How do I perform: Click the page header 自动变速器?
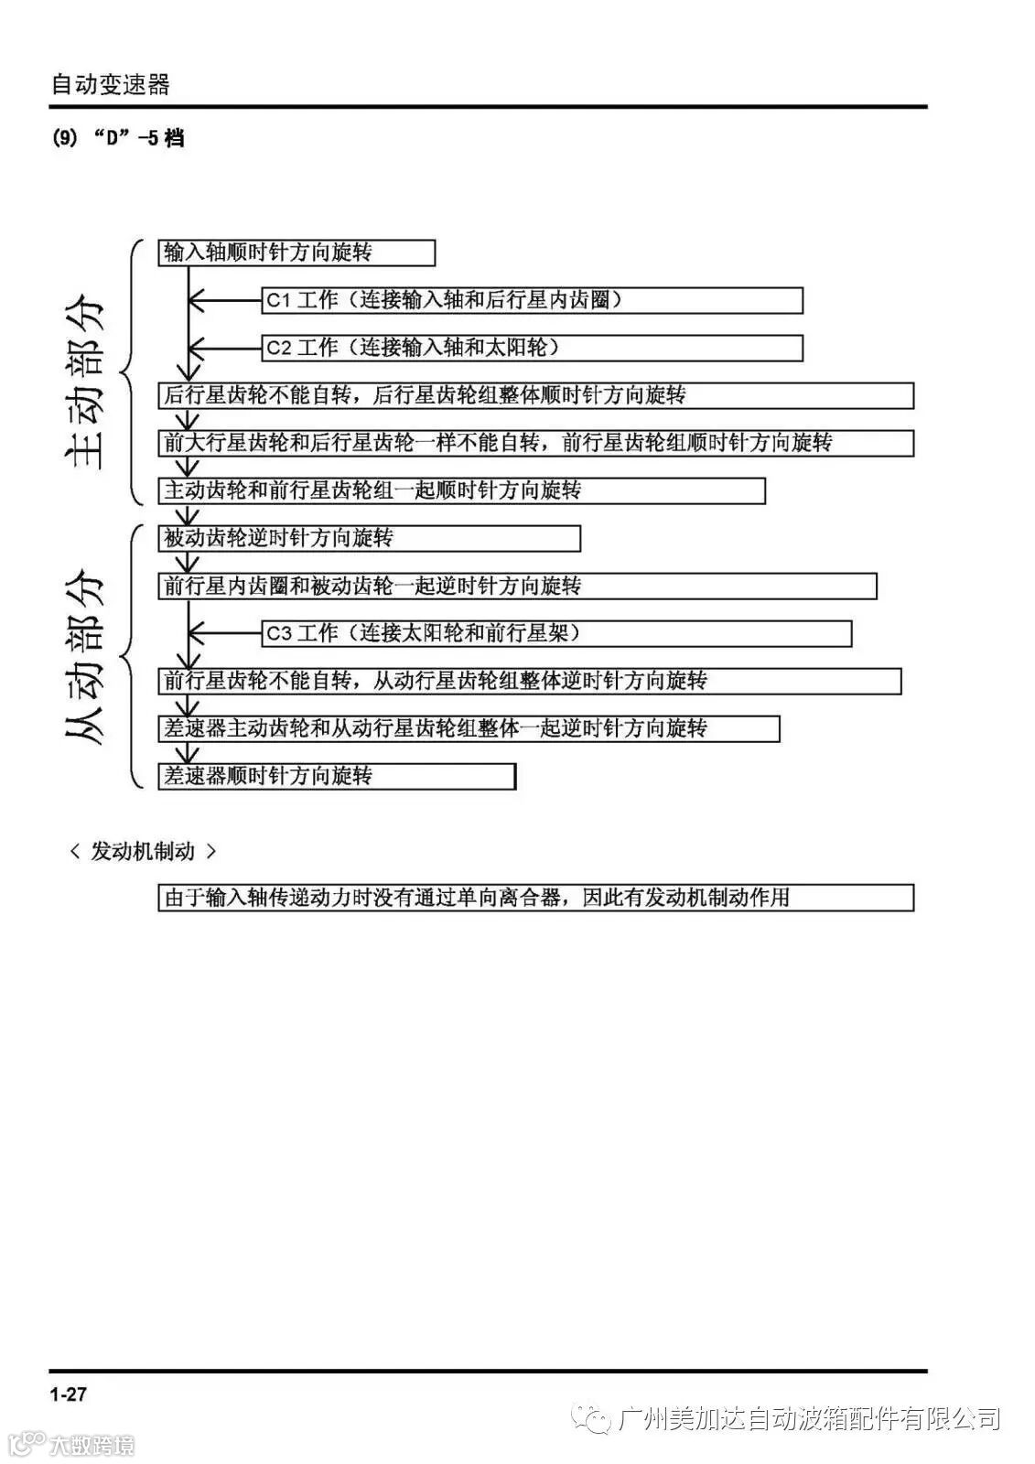pos(110,85)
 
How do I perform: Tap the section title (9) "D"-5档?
pos(118,138)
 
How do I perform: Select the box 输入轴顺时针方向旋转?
pos(296,253)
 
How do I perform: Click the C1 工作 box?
pos(532,300)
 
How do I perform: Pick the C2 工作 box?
pos(532,348)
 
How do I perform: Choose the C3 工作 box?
pos(556,633)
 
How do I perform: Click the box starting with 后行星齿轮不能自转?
pos(535,395)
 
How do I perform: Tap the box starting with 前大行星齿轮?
pos(535,443)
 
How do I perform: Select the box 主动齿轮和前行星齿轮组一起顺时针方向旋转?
pos(461,490)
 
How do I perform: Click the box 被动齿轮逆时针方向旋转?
pos(369,538)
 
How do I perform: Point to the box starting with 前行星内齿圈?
pos(517,586)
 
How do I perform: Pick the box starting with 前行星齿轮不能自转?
pos(529,681)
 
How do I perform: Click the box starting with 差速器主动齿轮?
pos(469,728)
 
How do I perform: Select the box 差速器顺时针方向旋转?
pos(337,776)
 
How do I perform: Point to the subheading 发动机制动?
pos(144,851)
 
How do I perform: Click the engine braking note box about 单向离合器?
pos(535,898)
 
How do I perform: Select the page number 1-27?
pos(69,1394)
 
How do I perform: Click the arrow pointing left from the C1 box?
pos(225,300)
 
